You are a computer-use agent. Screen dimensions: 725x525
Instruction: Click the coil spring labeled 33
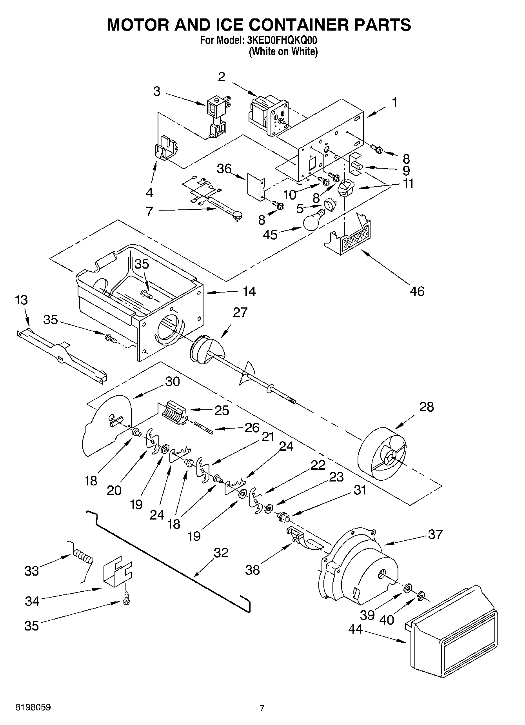tap(83, 556)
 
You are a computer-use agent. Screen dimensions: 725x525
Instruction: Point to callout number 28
tap(426, 407)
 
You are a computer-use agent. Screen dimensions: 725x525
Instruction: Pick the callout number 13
tap(22, 300)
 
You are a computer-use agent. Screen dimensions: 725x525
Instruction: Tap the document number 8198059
tap(33, 707)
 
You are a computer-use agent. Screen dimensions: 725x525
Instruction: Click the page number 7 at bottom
tap(262, 708)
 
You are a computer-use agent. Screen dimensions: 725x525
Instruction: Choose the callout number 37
tap(435, 534)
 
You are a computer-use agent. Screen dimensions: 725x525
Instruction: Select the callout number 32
tap(221, 552)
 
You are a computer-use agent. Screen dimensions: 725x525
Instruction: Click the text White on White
tap(283, 51)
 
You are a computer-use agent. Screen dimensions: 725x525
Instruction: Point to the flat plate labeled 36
tap(256, 186)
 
